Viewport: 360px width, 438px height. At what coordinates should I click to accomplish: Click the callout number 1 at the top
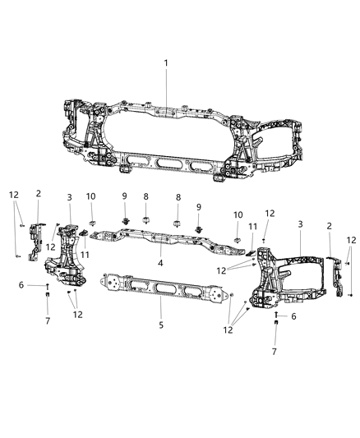[x=165, y=62]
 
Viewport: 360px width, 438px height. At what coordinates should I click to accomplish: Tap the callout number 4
[x=161, y=264]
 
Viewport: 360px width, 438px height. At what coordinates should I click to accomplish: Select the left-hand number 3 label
[x=70, y=198]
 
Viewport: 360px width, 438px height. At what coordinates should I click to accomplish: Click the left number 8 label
[x=145, y=198]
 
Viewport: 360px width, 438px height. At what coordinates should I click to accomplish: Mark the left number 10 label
[x=91, y=197]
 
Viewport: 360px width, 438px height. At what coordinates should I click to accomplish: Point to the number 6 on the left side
[x=21, y=284]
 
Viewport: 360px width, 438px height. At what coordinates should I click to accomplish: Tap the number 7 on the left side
[x=47, y=320]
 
